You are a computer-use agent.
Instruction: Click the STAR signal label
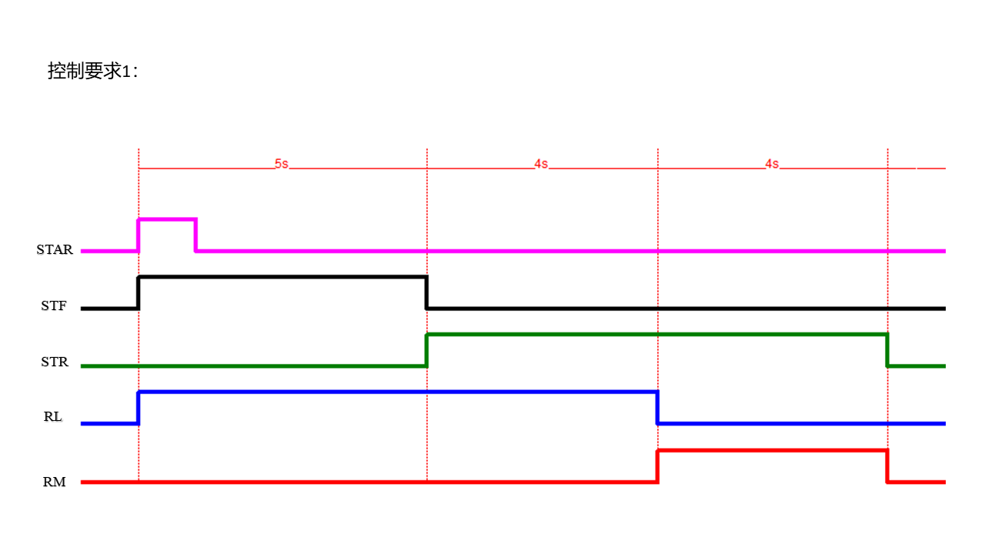(55, 250)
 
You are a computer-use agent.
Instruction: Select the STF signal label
(54, 305)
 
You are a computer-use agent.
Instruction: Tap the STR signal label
(55, 362)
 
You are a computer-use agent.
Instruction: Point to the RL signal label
(53, 417)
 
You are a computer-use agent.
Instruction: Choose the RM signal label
(54, 482)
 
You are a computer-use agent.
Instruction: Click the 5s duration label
(282, 164)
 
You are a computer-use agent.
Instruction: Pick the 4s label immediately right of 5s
(541, 164)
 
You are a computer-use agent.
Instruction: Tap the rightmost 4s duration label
(772, 164)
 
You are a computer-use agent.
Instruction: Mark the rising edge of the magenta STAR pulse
(139, 235)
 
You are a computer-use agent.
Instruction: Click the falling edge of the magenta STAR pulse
(195, 235)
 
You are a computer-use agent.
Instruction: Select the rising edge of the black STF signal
(139, 293)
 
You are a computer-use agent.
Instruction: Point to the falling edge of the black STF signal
(426, 293)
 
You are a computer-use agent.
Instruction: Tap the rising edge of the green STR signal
(426, 350)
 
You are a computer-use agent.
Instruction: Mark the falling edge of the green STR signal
(887, 350)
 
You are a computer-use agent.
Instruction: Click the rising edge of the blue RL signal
(139, 408)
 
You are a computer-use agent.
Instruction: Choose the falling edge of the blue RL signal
(657, 408)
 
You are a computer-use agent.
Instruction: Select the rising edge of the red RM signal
(657, 466)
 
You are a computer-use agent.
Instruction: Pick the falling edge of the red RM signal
(887, 466)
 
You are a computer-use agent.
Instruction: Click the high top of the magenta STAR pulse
(167, 219)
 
